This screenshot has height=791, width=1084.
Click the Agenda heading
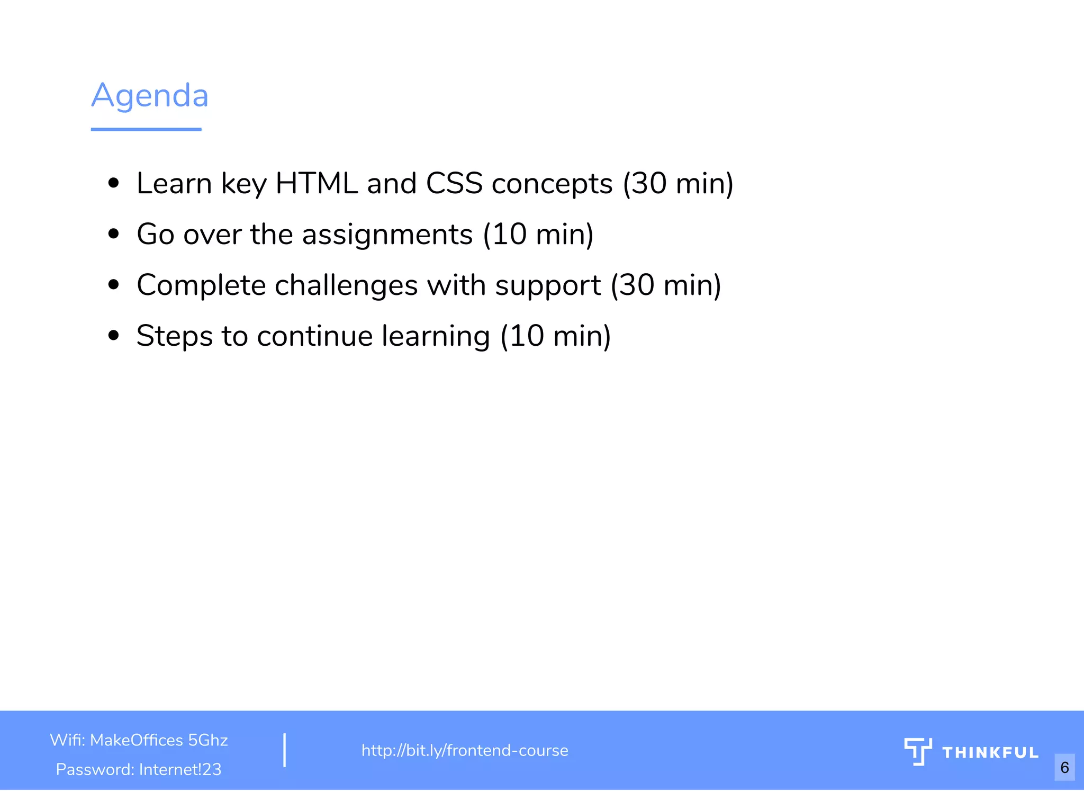pos(150,96)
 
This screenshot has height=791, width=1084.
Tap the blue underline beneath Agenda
pos(146,129)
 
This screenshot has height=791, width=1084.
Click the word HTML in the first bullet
pos(317,184)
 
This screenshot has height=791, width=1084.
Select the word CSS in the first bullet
pos(454,184)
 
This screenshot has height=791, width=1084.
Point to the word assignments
pos(387,235)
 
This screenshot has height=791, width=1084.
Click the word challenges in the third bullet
pos(346,285)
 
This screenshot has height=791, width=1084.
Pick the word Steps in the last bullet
pos(174,336)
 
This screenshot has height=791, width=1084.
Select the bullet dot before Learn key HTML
pos(113,184)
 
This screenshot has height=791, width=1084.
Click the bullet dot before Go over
pos(113,234)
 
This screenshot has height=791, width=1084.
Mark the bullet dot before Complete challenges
pos(113,285)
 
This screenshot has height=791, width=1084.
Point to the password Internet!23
pos(180,769)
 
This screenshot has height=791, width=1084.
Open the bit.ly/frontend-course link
pos(465,751)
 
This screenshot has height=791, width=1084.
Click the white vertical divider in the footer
pos(285,750)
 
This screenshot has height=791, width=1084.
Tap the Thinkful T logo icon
pos(918,751)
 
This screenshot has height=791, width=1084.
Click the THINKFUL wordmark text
pos(990,753)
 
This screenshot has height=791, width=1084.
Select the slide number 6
pos(1064,767)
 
